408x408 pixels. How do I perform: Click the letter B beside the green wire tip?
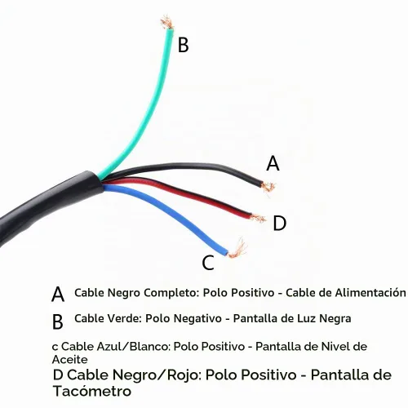pos(183,45)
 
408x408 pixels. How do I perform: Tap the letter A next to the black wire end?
pos(273,163)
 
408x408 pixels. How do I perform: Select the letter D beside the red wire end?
pos(280,223)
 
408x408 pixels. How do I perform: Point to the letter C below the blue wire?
pos(208,263)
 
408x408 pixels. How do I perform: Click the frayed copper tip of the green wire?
pos(167,22)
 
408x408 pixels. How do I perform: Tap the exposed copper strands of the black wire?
pos(268,186)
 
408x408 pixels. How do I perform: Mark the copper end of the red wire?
pos(257,218)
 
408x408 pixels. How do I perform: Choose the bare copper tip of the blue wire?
pos(237,250)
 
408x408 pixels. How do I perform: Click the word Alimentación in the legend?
pos(370,293)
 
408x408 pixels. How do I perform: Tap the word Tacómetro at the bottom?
pos(92,391)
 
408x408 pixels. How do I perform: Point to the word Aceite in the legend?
pos(70,360)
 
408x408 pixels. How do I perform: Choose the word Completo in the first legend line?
pos(172,293)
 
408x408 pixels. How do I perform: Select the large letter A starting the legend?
pos(58,294)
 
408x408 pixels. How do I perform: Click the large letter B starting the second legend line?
pos(58,322)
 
